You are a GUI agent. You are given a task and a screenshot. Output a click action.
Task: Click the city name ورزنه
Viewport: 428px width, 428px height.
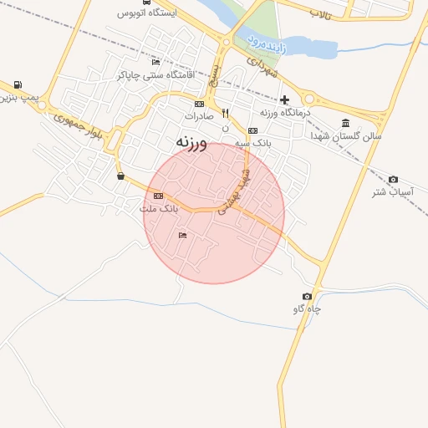point(191,143)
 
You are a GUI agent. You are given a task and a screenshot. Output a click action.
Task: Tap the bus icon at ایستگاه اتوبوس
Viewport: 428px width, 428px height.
point(147,3)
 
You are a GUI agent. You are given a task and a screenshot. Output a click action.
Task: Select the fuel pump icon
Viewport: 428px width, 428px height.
point(18,84)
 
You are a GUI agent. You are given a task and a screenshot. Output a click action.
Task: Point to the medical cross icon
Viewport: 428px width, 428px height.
point(285,99)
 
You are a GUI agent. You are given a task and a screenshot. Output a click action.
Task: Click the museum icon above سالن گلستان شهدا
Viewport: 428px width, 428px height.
point(346,123)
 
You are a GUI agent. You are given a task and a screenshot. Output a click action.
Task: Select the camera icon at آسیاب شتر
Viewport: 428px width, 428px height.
point(394,180)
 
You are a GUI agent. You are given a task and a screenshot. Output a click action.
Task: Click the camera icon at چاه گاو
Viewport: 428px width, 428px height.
point(307,297)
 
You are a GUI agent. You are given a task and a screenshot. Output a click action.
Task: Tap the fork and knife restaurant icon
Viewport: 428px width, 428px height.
point(225,115)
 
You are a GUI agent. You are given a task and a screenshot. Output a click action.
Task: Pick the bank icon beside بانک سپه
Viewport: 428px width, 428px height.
point(252,130)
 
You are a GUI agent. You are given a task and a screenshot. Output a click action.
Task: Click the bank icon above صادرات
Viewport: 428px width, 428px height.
point(199,104)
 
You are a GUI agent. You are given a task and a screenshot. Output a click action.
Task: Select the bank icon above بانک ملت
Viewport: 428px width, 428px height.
point(159,196)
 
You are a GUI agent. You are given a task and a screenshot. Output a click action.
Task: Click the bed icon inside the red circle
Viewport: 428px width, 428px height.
point(182,236)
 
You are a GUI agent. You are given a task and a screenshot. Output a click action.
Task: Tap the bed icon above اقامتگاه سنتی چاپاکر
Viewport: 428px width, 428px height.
point(155,63)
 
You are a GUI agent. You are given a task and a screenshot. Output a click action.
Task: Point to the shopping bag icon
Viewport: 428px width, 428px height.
point(121,176)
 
